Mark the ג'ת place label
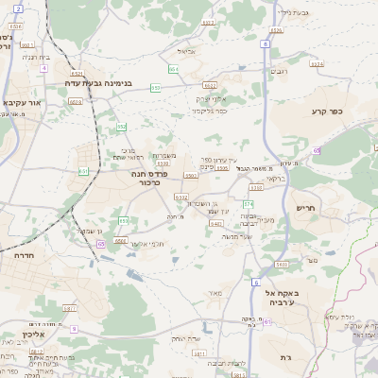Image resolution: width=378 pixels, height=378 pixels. pyautogui.click(x=286, y=357)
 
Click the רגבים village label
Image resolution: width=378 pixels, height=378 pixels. pyautogui.click(x=281, y=72)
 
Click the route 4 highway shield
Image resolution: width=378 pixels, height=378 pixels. pyautogui.click(x=44, y=68)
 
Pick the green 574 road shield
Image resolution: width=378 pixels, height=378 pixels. pyautogui.click(x=249, y=203)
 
